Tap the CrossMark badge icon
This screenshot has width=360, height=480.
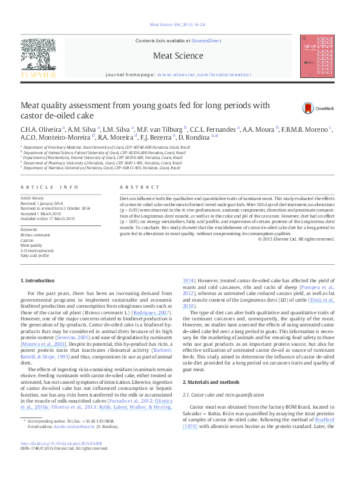coord(309,108)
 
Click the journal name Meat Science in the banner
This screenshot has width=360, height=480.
coord(178,56)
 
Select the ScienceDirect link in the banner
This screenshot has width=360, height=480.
coord(206,40)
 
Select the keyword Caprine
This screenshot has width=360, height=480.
coord(28,239)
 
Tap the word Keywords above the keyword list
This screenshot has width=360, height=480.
coord(29,230)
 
